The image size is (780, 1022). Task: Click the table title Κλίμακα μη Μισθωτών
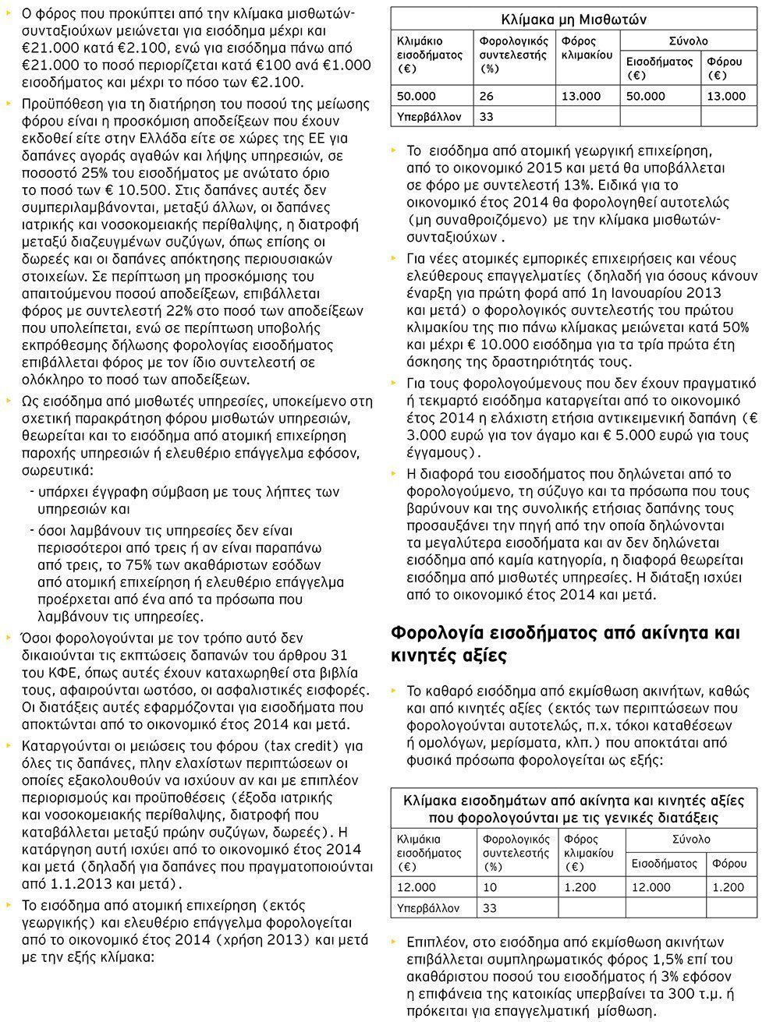[573, 19]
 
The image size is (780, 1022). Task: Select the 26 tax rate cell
[487, 96]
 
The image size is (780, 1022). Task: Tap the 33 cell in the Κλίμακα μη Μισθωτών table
[487, 117]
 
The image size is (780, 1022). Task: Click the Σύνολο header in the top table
[689, 41]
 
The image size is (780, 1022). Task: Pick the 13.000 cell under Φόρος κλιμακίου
[581, 96]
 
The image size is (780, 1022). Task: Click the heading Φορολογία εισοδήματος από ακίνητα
[565, 632]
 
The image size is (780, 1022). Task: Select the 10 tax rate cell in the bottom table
[490, 887]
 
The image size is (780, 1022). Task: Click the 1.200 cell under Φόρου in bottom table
[729, 887]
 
